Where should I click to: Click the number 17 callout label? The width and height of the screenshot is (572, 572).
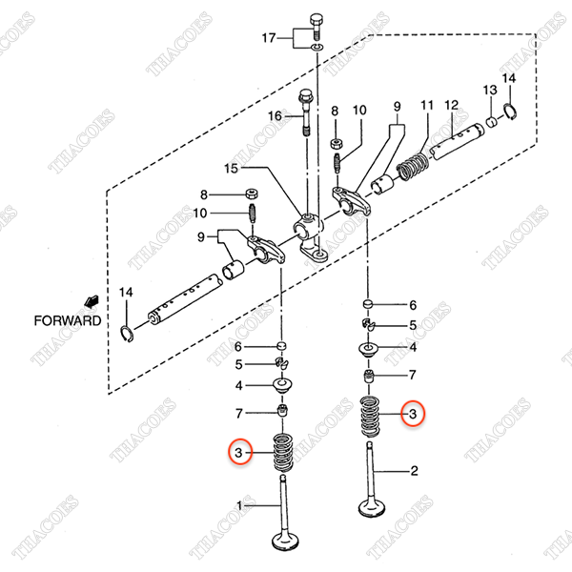(270, 37)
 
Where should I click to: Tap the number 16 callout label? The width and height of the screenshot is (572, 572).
(276, 115)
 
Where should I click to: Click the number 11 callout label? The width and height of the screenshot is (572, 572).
(427, 104)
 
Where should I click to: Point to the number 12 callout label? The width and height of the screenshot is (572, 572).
(453, 104)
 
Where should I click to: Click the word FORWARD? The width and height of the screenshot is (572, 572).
(68, 321)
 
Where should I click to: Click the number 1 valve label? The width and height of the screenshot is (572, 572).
(241, 503)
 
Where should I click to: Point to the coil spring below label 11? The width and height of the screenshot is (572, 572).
(411, 168)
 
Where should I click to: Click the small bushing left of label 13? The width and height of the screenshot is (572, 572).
(493, 122)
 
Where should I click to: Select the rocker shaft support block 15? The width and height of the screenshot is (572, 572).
(311, 234)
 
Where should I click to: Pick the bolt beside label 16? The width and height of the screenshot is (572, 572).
(306, 112)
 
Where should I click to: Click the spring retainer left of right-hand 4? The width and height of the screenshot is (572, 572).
(368, 353)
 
